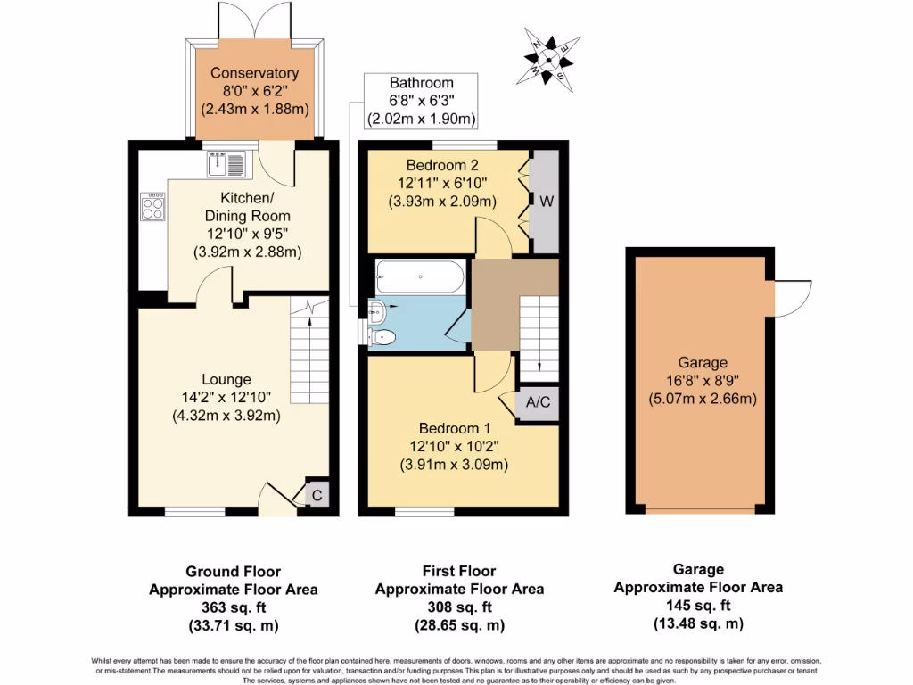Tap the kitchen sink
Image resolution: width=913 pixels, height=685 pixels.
[226, 163]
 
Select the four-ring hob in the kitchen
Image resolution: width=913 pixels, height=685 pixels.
[152, 206]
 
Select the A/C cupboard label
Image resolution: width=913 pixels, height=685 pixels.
[538, 402]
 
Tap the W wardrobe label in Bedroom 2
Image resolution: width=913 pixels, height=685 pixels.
[545, 201]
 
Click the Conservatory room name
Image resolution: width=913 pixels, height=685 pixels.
[254, 73]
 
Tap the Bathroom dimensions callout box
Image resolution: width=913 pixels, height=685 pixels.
[421, 101]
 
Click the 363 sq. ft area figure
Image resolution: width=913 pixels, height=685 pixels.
[233, 607]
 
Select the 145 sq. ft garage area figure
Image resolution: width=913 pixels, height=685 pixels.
[698, 606]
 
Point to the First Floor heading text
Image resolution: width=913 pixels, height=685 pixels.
[459, 571]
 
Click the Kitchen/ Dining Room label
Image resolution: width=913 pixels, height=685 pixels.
[247, 207]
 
